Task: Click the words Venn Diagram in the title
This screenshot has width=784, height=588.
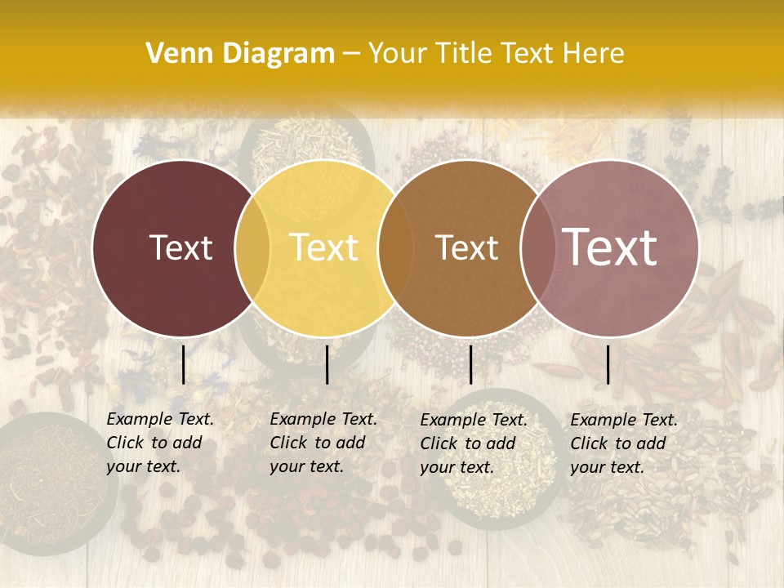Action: pos(240,54)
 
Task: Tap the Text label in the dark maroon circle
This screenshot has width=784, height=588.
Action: pos(180,247)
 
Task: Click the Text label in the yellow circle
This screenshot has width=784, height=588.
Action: pos(324,247)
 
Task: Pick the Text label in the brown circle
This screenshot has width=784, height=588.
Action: pos(466,247)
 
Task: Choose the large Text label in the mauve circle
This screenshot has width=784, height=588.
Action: pos(610,247)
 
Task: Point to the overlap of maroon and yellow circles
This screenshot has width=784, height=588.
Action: pos(252,247)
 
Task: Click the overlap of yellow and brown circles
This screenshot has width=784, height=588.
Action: pos(395,247)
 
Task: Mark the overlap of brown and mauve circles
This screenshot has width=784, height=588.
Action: pos(536,247)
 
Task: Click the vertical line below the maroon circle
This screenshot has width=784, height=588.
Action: pos(183,364)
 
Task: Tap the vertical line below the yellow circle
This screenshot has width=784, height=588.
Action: pos(327,364)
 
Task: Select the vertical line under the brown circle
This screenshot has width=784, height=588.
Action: pos(470,364)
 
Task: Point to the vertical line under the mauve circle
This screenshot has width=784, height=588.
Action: pos(608,364)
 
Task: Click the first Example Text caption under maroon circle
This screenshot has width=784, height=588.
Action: pos(160,443)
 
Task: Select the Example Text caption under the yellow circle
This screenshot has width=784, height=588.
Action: pos(323,443)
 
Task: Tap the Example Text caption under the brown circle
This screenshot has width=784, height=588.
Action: pos(474,443)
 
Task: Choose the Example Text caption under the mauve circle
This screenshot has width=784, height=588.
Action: pos(624,443)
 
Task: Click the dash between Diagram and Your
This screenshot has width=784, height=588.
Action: pos(350,54)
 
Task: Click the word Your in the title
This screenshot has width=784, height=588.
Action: pos(398,54)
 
